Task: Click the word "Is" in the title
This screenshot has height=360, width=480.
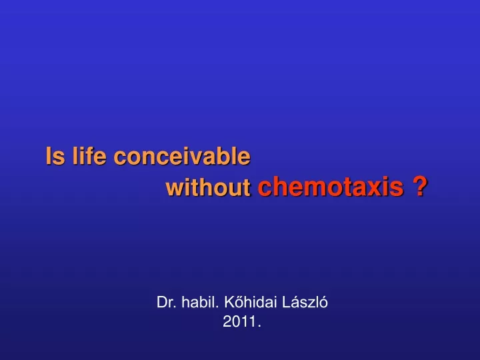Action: (x=55, y=156)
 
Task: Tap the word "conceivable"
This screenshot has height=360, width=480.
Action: (x=182, y=156)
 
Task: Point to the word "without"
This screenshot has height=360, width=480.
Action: (x=208, y=187)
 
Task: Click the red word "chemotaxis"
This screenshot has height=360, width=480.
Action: (x=331, y=186)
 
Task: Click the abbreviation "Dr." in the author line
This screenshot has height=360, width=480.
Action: (x=167, y=303)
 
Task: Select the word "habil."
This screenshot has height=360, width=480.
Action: (x=200, y=302)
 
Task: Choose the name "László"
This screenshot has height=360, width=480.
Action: (x=305, y=302)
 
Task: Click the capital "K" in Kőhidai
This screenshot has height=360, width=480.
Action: (x=229, y=303)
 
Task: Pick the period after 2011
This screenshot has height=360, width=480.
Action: (x=259, y=327)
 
